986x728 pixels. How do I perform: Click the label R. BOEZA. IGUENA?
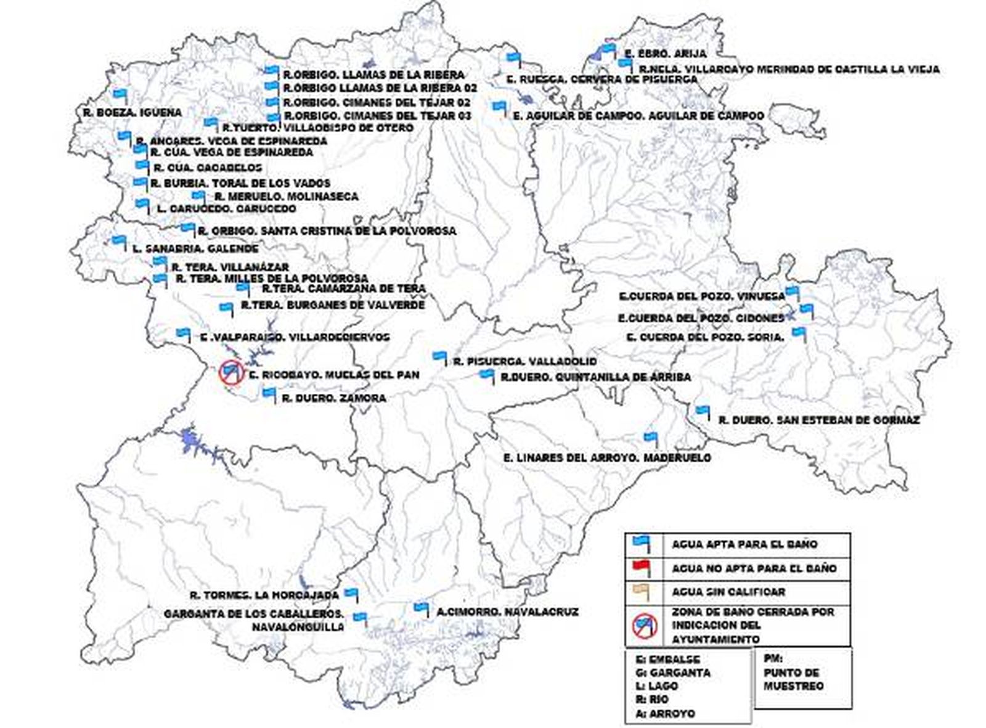[x=132, y=113]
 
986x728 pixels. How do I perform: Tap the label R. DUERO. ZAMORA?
[x=333, y=398]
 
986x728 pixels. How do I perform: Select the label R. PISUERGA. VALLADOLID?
[x=524, y=362]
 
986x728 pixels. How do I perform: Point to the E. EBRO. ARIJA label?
[x=666, y=54]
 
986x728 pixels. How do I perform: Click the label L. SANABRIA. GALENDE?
[x=195, y=249]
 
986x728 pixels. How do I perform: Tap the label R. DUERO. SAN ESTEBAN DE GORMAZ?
[x=819, y=420]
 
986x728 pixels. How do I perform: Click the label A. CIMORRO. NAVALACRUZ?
[x=507, y=612]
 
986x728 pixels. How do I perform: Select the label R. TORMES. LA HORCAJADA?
[x=264, y=595]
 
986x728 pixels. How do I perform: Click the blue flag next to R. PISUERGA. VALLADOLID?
[x=439, y=356]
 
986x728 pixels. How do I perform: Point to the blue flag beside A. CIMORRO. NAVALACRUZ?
[x=421, y=608]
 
